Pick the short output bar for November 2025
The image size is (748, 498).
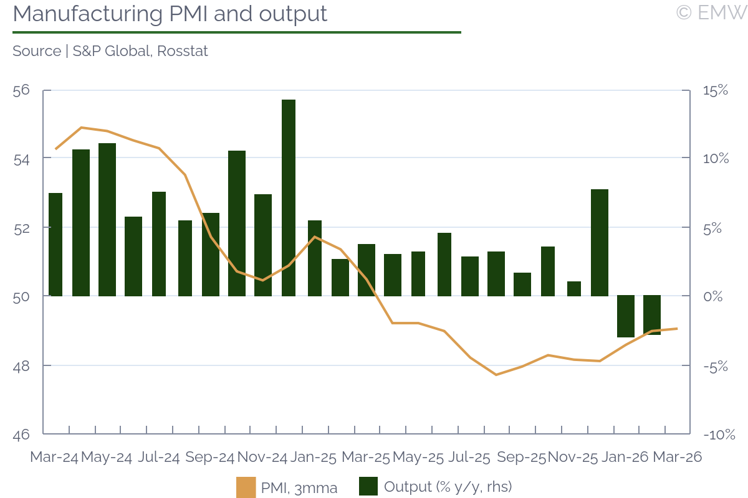(574, 289)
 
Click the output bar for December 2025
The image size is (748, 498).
(600, 242)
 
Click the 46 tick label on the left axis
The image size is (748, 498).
(21, 435)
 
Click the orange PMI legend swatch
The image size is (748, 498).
(246, 487)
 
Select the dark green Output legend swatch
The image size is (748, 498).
(368, 487)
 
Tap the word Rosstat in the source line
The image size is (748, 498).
(182, 51)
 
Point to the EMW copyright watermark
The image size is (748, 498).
(711, 12)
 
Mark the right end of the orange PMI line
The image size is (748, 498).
(677, 329)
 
